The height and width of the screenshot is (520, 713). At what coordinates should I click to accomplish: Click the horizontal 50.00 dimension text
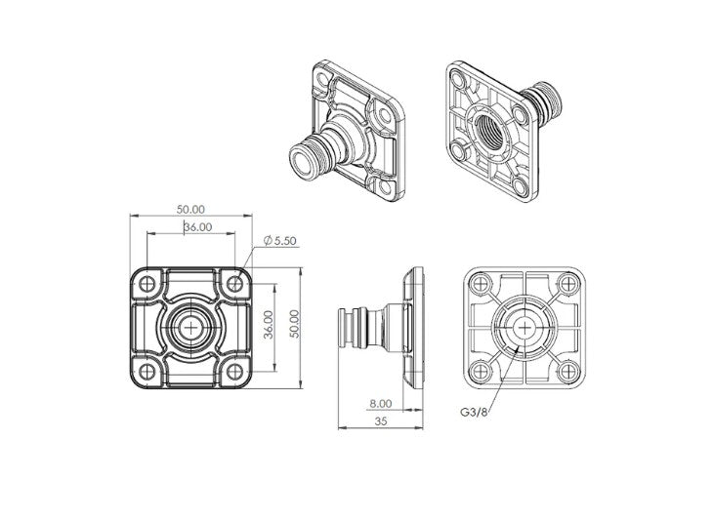tap(190, 209)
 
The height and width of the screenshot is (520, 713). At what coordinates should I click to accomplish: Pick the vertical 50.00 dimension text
tap(304, 326)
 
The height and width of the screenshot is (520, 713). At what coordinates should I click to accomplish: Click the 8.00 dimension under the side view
tap(380, 403)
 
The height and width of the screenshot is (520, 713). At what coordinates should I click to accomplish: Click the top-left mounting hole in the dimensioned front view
tap(147, 284)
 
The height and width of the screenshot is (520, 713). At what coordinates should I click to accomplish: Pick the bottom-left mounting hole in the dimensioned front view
tap(147, 371)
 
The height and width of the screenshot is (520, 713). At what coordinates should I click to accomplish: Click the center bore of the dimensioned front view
tap(190, 327)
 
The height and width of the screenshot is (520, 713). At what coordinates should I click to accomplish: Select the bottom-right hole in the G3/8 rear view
tap(566, 372)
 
